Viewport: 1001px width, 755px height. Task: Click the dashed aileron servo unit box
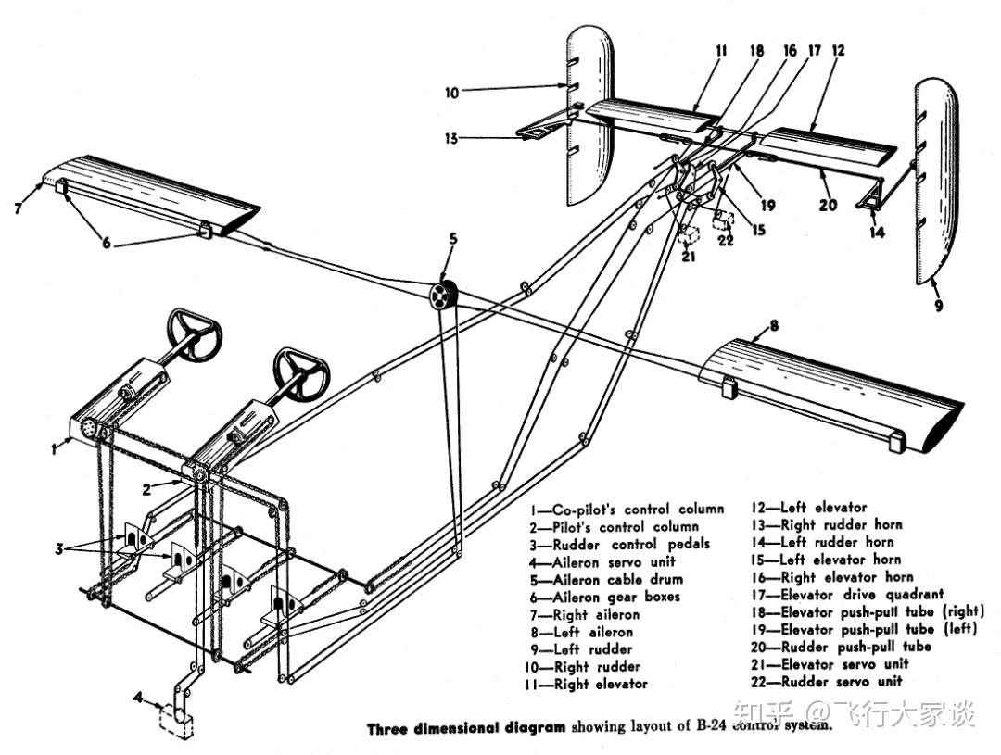click(x=177, y=720)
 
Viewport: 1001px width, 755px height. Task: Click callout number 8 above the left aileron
click(x=772, y=325)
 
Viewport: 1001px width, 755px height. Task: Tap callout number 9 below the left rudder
click(x=938, y=303)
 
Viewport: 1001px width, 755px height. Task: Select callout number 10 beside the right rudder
click(x=451, y=92)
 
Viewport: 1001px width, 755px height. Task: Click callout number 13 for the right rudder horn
click(x=450, y=139)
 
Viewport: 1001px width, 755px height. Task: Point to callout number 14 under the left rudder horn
click(x=877, y=233)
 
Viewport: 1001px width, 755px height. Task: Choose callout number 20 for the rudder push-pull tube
click(x=828, y=205)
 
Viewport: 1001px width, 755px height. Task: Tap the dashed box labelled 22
click(x=725, y=220)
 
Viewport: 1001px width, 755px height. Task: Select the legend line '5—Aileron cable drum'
click(x=619, y=579)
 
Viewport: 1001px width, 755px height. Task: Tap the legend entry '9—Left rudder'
click(x=593, y=648)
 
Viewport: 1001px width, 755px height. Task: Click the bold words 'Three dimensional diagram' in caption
click(x=465, y=728)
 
